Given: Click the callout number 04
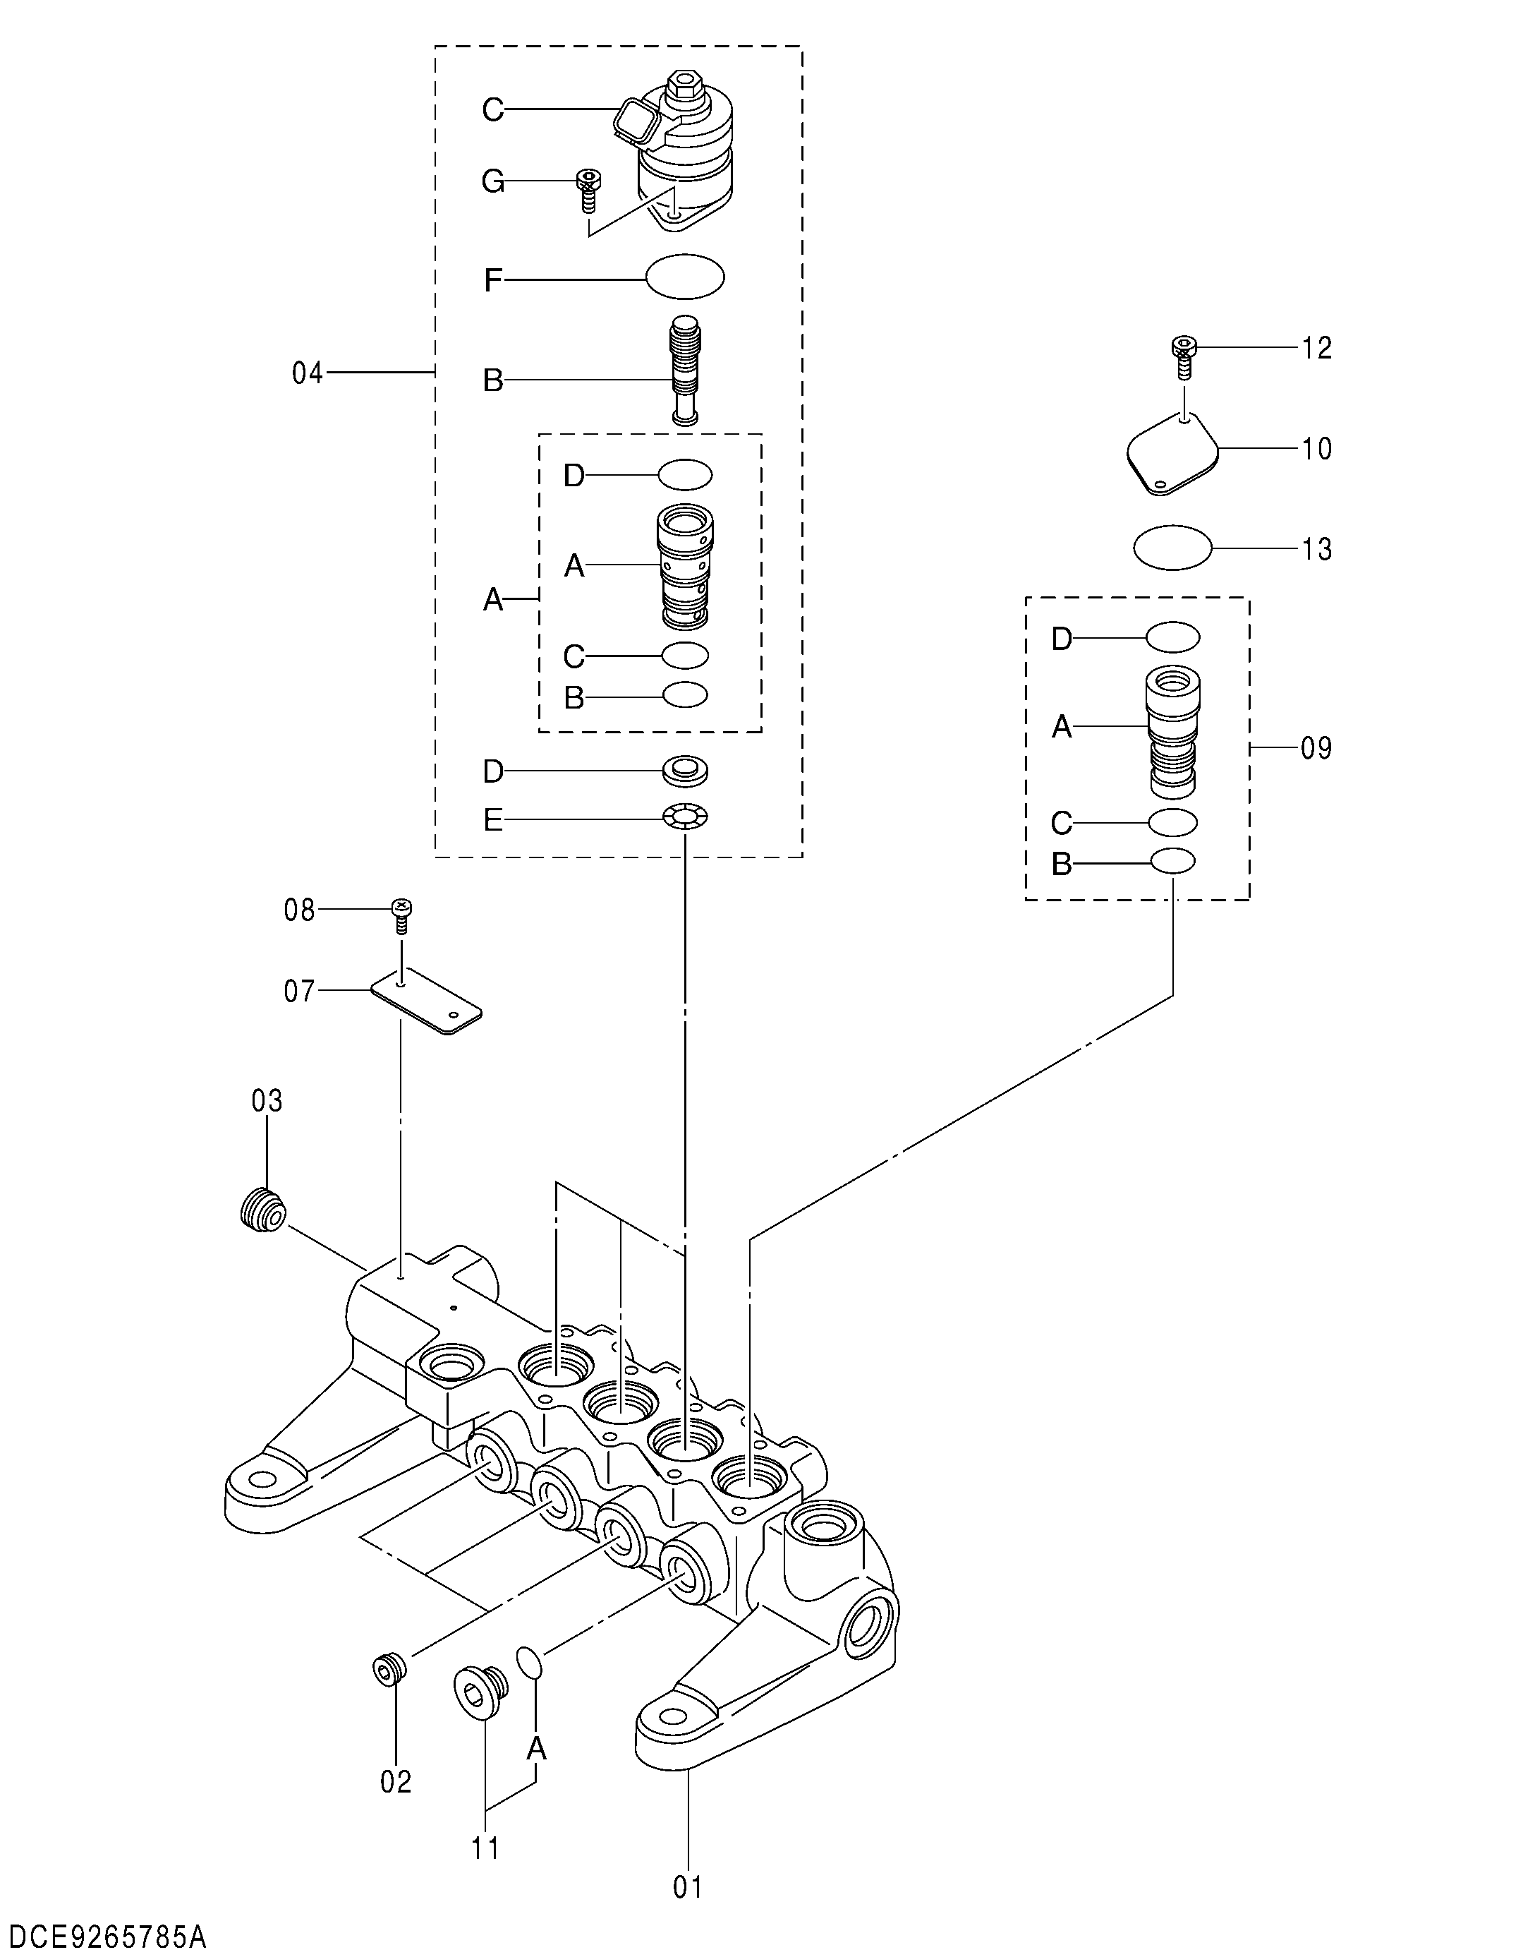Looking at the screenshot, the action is pyautogui.click(x=308, y=373).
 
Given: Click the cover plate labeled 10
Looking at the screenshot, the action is pyautogui.click(x=1172, y=452).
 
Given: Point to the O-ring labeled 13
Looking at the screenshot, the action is pyautogui.click(x=1172, y=547).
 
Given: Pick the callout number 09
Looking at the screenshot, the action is pyautogui.click(x=1316, y=747).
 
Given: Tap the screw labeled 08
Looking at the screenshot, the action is pyautogui.click(x=401, y=917).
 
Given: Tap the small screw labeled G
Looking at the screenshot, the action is pyautogui.click(x=588, y=189).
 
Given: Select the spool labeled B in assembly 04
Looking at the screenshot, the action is pyautogui.click(x=686, y=371).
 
